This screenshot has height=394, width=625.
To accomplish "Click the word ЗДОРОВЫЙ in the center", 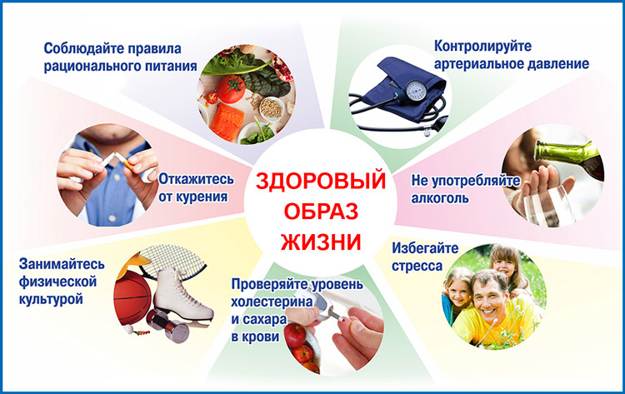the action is tap(321, 182).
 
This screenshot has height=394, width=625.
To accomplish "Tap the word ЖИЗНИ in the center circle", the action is tap(321, 242).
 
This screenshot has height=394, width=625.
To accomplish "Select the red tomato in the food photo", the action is tap(230, 88).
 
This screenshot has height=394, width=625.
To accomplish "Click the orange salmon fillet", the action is tap(227, 122).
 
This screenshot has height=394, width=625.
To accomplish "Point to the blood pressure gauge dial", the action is tap(416, 92).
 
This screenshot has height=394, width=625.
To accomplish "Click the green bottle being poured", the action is tap(567, 156).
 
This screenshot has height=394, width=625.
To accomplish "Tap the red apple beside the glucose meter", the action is tap(295, 336).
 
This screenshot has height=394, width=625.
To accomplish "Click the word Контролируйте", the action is tap(482, 46).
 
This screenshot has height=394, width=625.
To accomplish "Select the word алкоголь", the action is tap(440, 198).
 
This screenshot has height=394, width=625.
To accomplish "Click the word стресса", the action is tap(417, 266).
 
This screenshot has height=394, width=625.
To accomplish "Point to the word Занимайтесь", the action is tap(62, 264).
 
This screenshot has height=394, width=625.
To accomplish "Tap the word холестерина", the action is tap(272, 302).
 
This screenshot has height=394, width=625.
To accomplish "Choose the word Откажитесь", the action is tap(196, 179).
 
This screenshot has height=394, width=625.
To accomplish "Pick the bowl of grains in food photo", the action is tap(272, 107).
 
